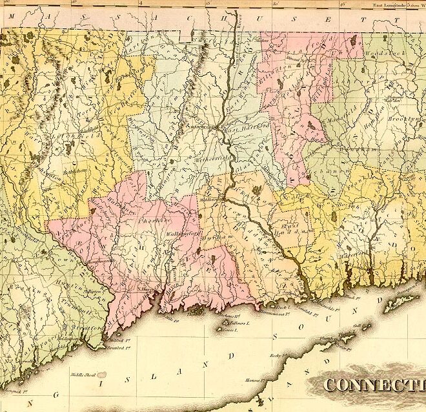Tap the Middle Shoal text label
pyautogui.click(x=83, y=373)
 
